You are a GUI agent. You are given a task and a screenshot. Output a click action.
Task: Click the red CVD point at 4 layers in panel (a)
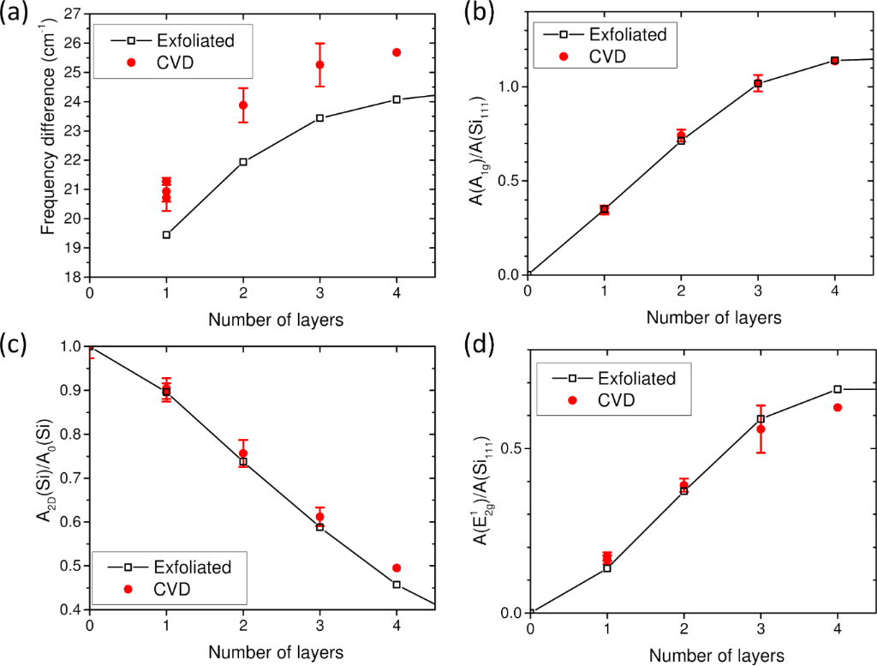(x=397, y=53)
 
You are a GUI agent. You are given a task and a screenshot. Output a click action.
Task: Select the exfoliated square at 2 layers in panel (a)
(x=243, y=162)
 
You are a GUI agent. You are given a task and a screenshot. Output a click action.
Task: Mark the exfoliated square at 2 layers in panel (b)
(x=681, y=140)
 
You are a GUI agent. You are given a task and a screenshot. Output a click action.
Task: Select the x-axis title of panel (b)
(x=713, y=318)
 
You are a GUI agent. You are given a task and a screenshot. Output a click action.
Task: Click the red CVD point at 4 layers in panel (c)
(x=397, y=568)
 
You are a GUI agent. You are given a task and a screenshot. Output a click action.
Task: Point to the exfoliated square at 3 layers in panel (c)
(x=319, y=527)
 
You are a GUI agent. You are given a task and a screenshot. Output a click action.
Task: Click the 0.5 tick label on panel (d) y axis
(x=512, y=448)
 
